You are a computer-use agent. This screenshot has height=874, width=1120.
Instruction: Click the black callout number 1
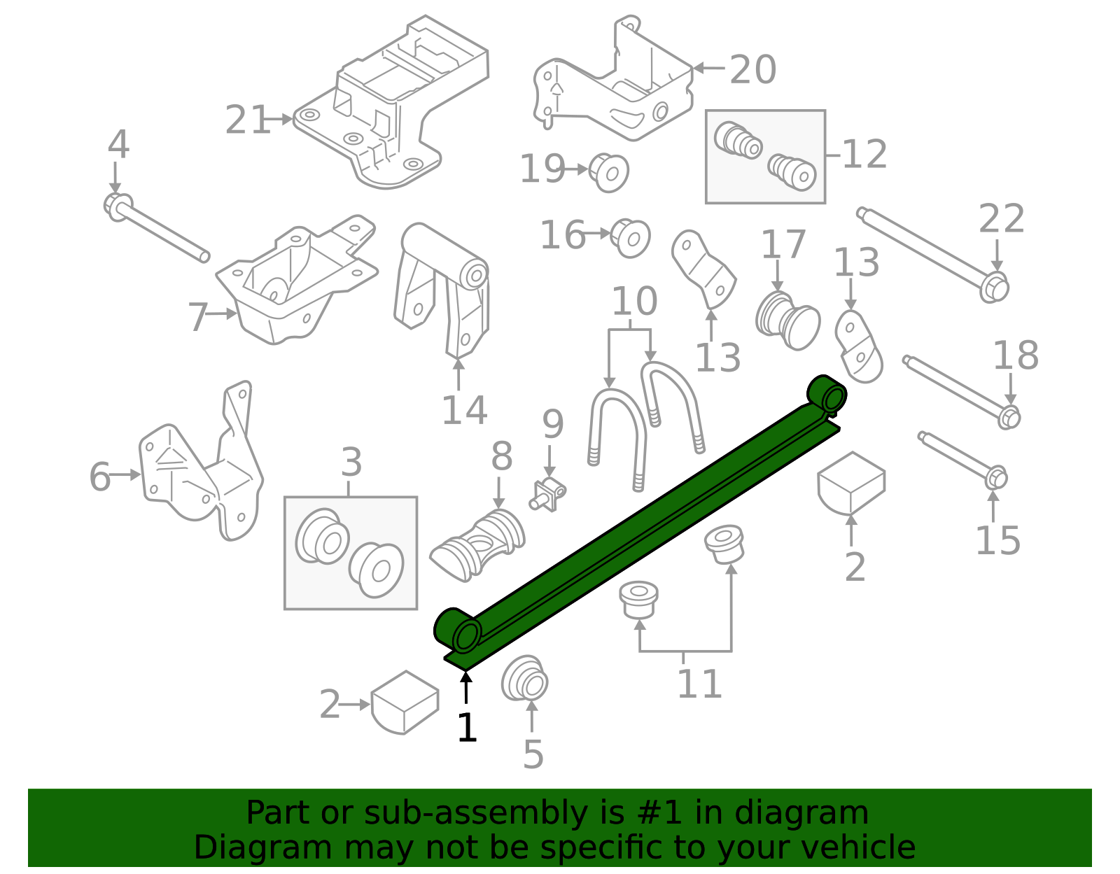466,728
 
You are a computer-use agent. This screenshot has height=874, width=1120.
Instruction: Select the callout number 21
247,120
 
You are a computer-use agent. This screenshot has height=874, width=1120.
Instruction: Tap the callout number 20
752,70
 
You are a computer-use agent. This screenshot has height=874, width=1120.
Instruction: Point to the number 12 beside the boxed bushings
864,155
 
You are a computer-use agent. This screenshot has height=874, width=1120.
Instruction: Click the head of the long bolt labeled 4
117,206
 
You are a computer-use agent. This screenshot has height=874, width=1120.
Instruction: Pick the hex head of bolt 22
994,288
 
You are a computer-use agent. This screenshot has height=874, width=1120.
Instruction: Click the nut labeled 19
608,171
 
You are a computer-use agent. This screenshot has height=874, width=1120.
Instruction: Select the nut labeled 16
630,238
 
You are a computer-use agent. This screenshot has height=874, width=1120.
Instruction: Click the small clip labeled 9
549,495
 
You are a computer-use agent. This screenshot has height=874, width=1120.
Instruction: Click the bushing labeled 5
524,678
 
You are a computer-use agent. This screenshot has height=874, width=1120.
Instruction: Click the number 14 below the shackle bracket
464,411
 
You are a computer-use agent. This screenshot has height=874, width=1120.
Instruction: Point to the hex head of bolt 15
996,479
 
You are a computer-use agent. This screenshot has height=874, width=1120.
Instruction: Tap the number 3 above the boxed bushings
351,463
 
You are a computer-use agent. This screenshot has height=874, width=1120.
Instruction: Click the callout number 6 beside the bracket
99,477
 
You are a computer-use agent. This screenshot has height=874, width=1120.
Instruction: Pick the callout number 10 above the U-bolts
634,302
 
